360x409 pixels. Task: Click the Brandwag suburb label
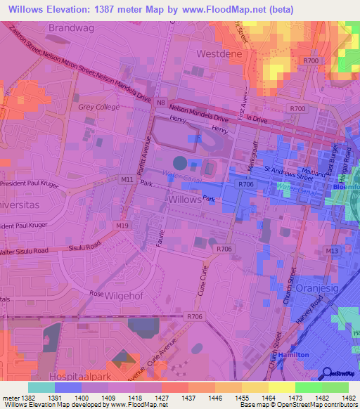[x=71, y=27]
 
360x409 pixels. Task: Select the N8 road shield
[x=162, y=103]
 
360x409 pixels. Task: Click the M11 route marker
[x=127, y=180]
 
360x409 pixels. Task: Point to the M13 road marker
[x=332, y=250]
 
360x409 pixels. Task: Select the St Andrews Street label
[x=288, y=174]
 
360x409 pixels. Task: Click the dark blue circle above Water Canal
[x=180, y=163]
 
